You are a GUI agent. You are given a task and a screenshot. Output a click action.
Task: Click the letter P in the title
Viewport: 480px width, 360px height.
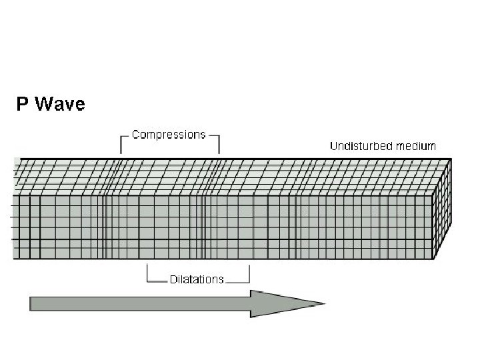click(x=23, y=105)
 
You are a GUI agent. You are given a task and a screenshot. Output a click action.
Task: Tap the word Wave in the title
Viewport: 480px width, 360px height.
click(x=60, y=105)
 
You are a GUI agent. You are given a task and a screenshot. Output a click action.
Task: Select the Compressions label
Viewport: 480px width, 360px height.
click(x=169, y=135)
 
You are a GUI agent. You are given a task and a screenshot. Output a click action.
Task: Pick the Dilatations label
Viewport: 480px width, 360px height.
click(x=197, y=279)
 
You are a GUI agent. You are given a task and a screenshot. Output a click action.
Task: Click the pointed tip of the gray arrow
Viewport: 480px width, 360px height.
click(x=324, y=303)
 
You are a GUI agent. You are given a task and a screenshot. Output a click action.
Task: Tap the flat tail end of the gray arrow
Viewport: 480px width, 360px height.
click(x=31, y=303)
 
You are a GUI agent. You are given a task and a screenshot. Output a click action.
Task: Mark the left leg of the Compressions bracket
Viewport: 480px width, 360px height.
click(x=121, y=144)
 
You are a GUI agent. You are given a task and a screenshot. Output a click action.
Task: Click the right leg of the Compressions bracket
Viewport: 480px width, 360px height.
click(x=219, y=144)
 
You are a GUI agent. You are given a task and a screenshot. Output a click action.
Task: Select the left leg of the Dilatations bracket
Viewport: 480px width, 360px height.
click(x=147, y=273)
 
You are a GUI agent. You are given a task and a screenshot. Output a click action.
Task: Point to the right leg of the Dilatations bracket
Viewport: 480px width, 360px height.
click(x=249, y=273)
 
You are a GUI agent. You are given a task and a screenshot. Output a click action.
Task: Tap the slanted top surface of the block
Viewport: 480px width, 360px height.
click(x=227, y=177)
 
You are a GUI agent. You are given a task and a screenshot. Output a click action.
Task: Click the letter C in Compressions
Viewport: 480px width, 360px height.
click(x=135, y=135)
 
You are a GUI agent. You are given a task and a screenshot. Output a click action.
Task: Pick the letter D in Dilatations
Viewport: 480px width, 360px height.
click(x=173, y=279)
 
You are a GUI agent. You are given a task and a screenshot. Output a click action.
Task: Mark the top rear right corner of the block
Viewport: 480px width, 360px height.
click(x=451, y=159)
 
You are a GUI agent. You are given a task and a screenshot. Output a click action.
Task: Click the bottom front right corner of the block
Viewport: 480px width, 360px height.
click(x=434, y=259)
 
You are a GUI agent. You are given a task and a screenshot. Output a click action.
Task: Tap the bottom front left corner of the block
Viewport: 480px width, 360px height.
click(x=15, y=259)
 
